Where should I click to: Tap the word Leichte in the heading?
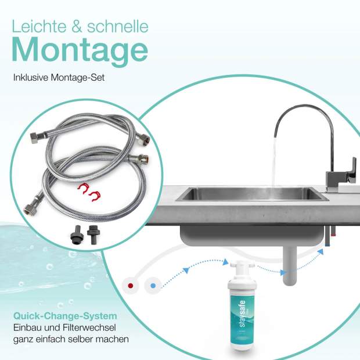39,26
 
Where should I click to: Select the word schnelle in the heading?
118,26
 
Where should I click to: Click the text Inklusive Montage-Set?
59,78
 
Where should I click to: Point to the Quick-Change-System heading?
65,316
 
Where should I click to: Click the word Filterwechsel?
89,327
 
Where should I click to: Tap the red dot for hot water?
131,286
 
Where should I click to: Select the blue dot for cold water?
153,286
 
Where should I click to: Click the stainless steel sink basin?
252,194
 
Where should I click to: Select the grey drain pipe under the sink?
290,264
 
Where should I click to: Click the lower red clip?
95,196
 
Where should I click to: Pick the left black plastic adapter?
76,235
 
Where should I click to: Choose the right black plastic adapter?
93,235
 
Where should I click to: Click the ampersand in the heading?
77,26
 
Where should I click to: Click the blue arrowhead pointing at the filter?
226,261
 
